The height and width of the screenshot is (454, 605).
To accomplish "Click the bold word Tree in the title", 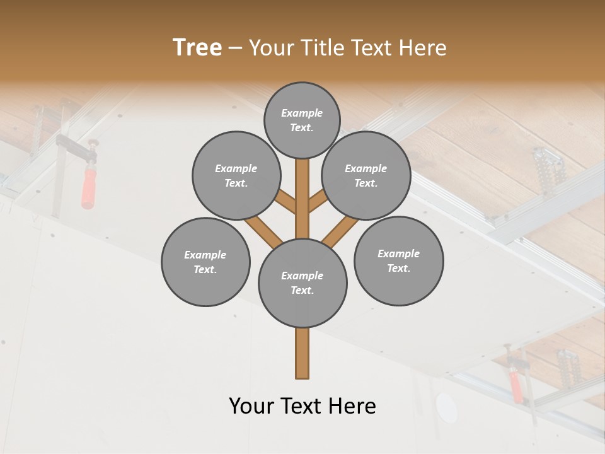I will pos(197,47).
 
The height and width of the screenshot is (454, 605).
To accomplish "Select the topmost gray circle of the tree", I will pos(302,120).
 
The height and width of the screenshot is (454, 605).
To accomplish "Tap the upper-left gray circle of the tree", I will pos(236,176).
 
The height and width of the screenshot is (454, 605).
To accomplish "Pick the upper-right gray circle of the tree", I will pos(366,176).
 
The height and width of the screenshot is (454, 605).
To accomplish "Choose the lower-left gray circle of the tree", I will pos(205,262).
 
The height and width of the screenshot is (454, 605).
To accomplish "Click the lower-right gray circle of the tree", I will pos(399,261).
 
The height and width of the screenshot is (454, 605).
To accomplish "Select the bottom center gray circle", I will pos(302,283).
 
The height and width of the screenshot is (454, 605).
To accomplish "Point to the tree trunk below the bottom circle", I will pos(302,353).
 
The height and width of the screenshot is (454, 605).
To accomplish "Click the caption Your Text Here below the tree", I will pos(302,406).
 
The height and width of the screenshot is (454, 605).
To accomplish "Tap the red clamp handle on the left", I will pos(87,187).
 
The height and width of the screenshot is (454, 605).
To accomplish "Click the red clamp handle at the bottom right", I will pos(516,387).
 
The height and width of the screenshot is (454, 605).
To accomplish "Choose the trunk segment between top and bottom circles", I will pos(302,199).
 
